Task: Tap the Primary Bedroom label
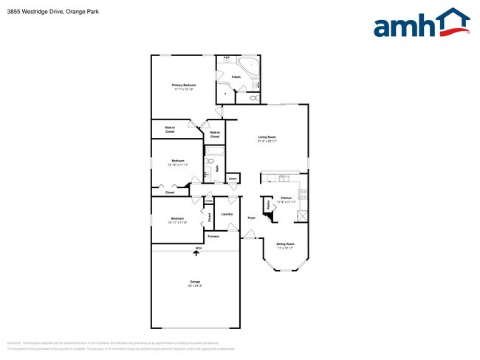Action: pos(183,86)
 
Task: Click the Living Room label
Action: pos(267,137)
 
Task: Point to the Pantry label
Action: pos(267,204)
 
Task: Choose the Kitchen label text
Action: pos(287,198)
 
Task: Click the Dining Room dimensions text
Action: pos(285,248)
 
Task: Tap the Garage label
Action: pos(195,282)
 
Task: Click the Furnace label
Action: pos(213,236)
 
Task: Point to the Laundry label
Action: pos(227,215)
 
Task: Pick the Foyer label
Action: pos(251,218)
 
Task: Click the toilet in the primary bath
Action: pos(254,97)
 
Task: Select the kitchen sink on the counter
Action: pos(283,177)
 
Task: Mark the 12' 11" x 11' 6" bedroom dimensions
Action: pos(177,223)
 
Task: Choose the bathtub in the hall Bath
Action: pos(210,156)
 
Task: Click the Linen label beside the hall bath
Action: pos(232,179)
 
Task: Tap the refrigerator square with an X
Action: pos(301,215)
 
